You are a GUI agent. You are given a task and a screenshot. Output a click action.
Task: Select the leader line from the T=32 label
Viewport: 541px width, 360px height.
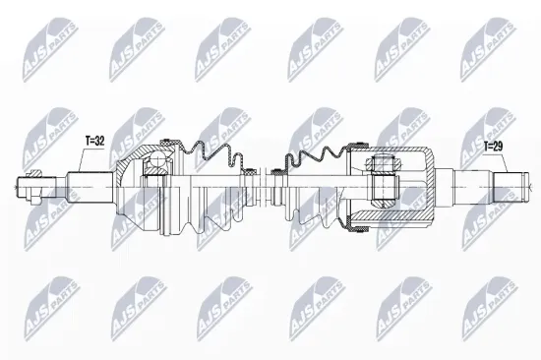(79, 157)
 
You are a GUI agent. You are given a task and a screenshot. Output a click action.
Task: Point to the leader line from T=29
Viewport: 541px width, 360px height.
(485, 162)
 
